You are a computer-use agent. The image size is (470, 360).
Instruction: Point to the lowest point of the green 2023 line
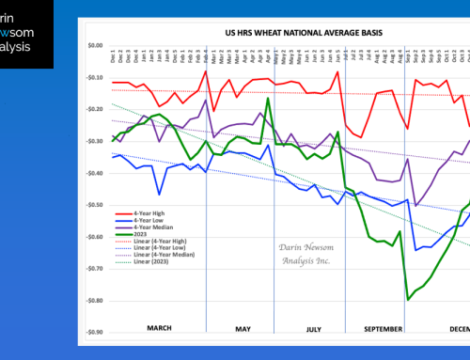tap(408, 299)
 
